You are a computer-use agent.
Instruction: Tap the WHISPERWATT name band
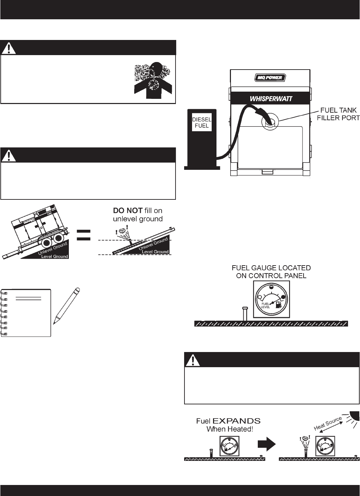coord(271,99)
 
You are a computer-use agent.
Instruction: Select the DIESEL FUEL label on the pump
coord(202,123)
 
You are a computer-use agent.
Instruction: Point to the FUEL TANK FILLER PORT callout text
coord(338,114)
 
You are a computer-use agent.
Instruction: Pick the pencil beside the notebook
coord(67,306)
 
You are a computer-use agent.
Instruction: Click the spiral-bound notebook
coord(27,313)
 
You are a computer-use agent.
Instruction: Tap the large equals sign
coord(84,235)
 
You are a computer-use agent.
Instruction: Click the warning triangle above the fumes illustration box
coord(9,48)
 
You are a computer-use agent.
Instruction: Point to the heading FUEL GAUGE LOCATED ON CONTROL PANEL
coord(271,271)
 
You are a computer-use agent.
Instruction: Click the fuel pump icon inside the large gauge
coord(278,304)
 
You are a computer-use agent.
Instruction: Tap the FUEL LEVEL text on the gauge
coord(265,305)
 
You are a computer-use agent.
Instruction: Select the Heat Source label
coord(328,423)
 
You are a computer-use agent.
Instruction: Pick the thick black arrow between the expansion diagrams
coord(267,444)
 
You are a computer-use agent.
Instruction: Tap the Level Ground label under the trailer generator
coord(54,257)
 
